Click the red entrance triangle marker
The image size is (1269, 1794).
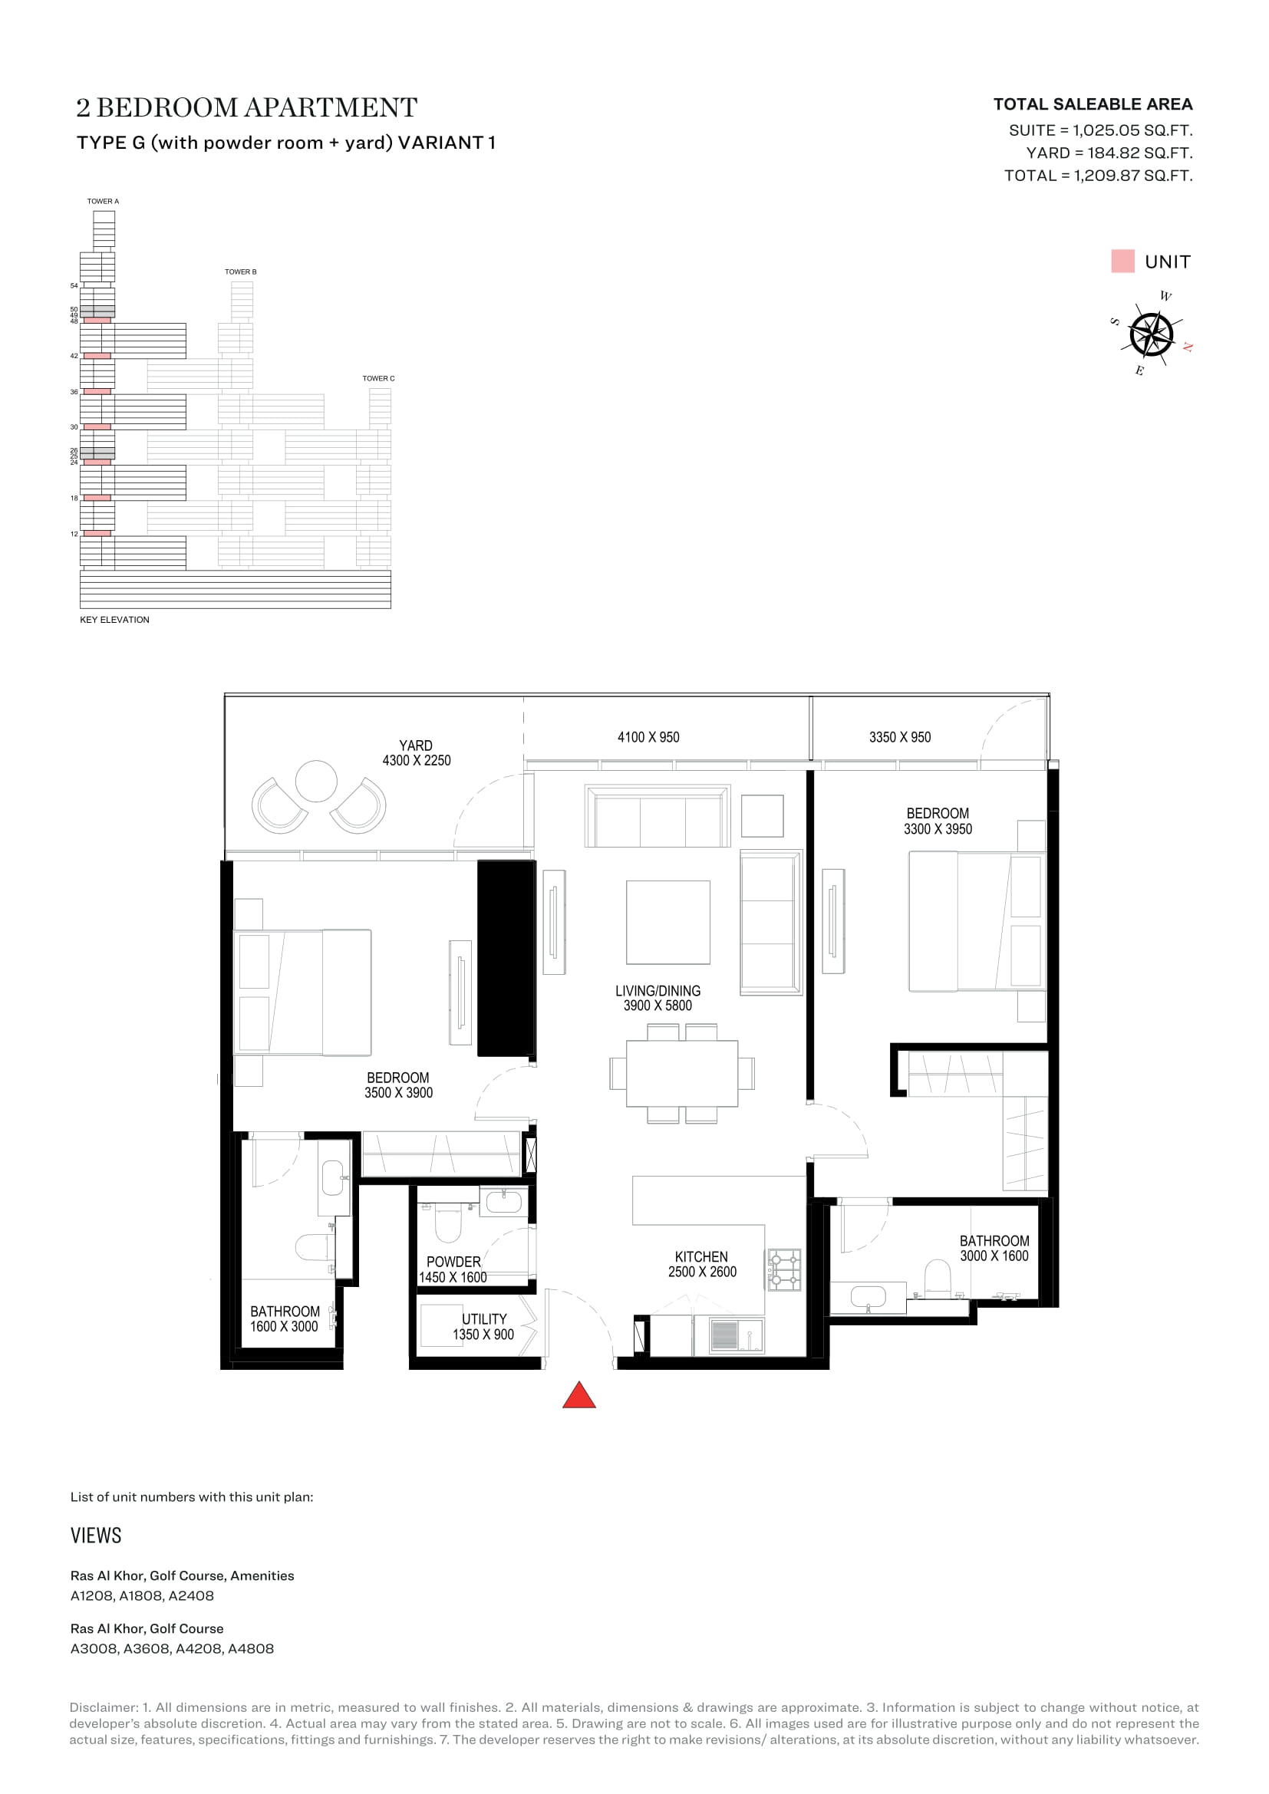point(579,1394)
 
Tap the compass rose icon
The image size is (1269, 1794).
point(1151,334)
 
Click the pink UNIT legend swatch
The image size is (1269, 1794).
point(1122,261)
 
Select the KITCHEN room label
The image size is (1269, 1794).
point(701,1256)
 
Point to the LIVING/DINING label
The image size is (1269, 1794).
point(658,991)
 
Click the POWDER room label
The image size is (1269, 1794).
point(453,1262)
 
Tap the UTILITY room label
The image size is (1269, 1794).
point(483,1319)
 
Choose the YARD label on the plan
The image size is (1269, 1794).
point(416,746)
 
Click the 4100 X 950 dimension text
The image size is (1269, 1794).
point(648,737)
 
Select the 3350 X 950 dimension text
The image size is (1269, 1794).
point(899,737)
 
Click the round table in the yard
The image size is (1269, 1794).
point(315,781)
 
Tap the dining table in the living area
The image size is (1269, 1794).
point(681,1073)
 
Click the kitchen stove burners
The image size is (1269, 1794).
point(785,1269)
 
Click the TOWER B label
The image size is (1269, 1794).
point(241,272)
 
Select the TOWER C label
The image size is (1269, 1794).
point(378,378)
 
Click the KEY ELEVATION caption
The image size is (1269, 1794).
point(114,620)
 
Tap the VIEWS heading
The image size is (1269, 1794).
point(96,1536)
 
